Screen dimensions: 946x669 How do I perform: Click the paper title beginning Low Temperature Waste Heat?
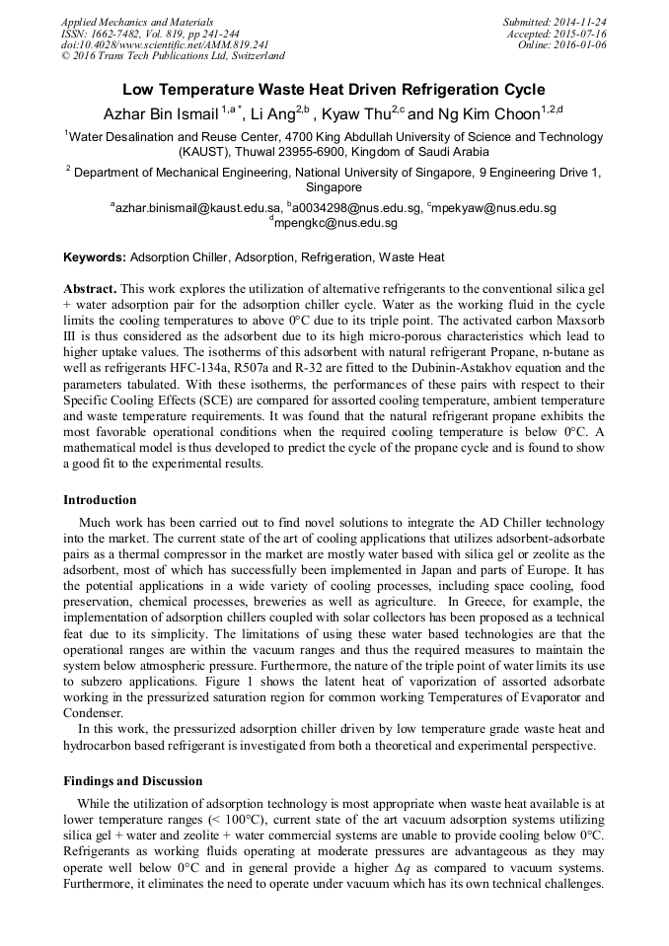click(334, 89)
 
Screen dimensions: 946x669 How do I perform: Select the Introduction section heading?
click(100, 500)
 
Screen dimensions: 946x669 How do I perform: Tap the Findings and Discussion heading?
click(133, 781)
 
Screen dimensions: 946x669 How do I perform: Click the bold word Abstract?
click(90, 289)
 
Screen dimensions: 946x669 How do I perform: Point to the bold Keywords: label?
click(95, 257)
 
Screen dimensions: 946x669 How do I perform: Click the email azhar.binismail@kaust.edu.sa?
click(196, 208)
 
